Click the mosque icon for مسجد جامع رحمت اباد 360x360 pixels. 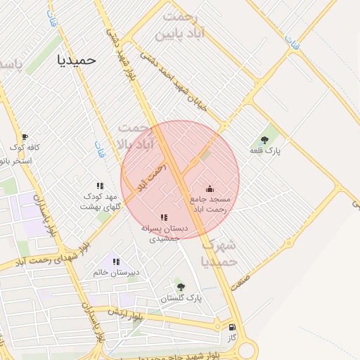(x=209, y=188)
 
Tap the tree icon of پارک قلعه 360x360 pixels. (x=264, y=140)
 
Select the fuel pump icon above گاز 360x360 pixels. (x=232, y=327)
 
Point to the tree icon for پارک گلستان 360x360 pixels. (x=181, y=287)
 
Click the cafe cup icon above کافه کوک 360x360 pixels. (x=25, y=137)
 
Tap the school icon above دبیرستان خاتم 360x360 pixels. (x=116, y=262)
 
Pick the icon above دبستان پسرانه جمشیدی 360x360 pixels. (x=164, y=218)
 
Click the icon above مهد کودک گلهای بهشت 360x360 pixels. (x=100, y=186)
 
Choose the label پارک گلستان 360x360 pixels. (x=181, y=298)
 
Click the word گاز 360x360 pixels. (x=232, y=337)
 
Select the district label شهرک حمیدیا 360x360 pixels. (x=219, y=253)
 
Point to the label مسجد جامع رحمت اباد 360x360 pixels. (x=209, y=204)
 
